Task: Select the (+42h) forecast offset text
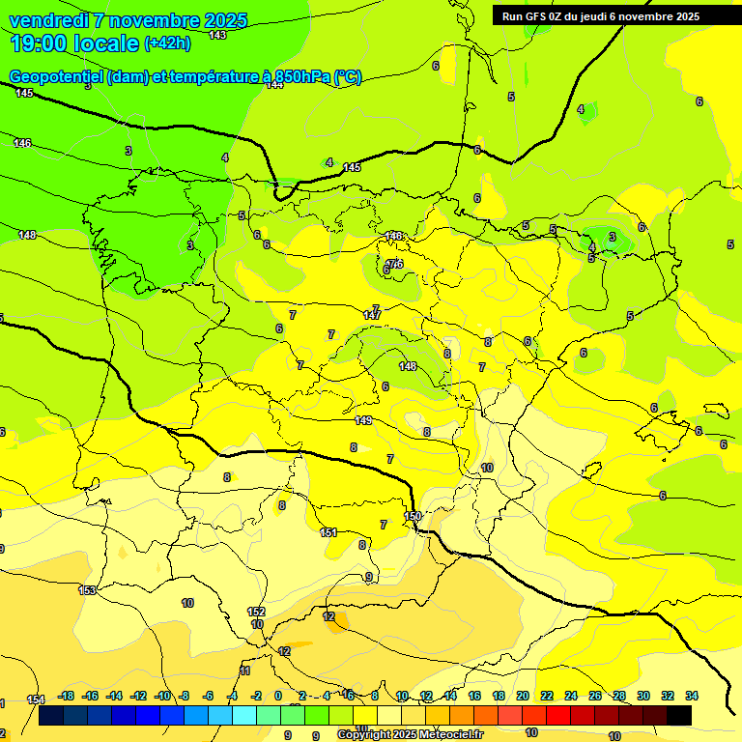click(x=167, y=43)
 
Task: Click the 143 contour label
click(x=217, y=35)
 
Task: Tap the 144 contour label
click(x=274, y=84)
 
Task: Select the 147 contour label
click(x=372, y=315)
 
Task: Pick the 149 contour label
click(x=363, y=419)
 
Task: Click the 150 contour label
click(x=413, y=516)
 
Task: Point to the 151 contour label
click(x=328, y=532)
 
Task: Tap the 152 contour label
click(x=256, y=612)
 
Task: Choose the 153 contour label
click(x=87, y=589)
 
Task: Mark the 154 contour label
click(x=36, y=699)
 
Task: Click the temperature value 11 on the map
click(x=245, y=671)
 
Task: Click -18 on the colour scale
click(x=66, y=696)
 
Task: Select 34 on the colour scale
click(x=692, y=696)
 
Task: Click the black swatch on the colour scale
click(x=679, y=716)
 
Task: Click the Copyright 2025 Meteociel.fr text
click(x=410, y=734)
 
